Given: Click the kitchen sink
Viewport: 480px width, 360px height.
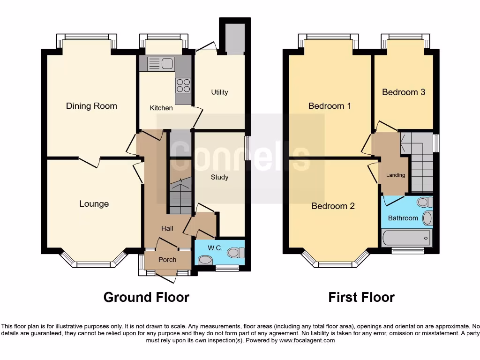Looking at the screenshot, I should [x=161, y=64].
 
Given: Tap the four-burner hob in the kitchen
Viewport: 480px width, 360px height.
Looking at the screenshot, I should [x=183, y=85].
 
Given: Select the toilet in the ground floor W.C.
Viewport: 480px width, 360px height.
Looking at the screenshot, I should [x=235, y=253].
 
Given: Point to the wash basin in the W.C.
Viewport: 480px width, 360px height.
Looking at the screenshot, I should [x=205, y=259].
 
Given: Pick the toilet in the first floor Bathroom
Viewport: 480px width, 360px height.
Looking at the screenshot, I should [x=425, y=202].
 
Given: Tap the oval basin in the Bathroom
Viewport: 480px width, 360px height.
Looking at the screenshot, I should [x=427, y=218].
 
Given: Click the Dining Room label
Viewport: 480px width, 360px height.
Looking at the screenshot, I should [x=91, y=106].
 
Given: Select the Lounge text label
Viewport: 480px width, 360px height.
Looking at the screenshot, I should [x=94, y=204].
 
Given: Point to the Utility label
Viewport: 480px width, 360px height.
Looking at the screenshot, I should [x=219, y=92].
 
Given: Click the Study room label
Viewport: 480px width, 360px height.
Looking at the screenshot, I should [x=219, y=177].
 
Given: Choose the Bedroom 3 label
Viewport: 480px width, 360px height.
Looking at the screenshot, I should [x=404, y=92].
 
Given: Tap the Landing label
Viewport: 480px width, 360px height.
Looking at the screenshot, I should [x=395, y=175].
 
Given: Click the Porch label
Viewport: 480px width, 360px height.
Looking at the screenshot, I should [x=167, y=260].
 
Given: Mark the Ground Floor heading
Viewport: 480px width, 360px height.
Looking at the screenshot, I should [x=146, y=297].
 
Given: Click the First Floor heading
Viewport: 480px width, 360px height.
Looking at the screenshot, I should [x=361, y=297].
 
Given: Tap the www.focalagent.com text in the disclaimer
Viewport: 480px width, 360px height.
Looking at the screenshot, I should [x=307, y=340].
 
